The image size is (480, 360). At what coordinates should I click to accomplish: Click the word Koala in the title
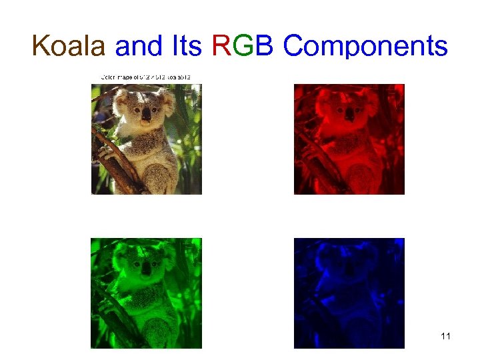tap(69, 47)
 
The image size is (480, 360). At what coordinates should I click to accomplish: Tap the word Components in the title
tap(365, 47)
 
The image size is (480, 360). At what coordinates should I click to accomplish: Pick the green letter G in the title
tap(241, 47)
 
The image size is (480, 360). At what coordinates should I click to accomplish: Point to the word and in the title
tap(139, 47)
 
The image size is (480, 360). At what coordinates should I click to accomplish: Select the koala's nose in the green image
tap(145, 269)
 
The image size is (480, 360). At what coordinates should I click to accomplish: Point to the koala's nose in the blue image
tap(349, 269)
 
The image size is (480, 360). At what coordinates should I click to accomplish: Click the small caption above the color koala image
tap(146, 77)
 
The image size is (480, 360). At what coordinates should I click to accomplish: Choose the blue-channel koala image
tap(349, 293)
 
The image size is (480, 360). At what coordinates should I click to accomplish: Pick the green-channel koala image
tap(146, 293)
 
